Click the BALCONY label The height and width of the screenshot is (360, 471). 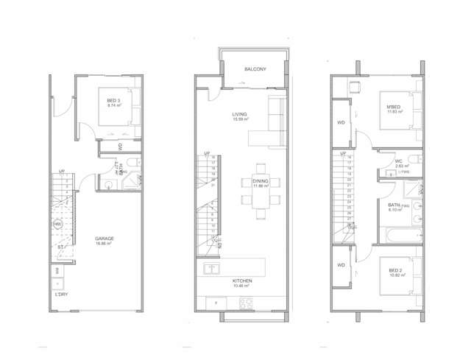(255, 69)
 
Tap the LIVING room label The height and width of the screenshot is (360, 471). (239, 114)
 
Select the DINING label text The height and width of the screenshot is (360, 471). (260, 180)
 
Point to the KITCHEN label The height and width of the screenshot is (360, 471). (242, 281)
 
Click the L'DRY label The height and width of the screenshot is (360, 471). (62, 294)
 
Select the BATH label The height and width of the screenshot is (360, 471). (394, 205)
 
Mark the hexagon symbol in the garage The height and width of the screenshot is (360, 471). (57, 224)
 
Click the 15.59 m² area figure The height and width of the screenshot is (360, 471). (239, 119)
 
